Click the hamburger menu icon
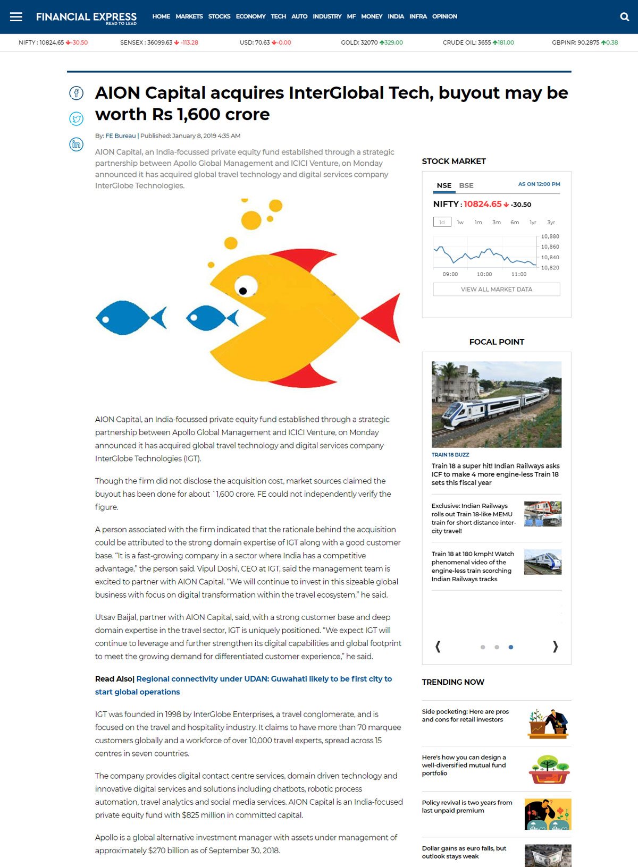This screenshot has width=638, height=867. coord(16,16)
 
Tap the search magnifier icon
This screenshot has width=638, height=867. coord(625,16)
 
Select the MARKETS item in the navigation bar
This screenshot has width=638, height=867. coord(189,16)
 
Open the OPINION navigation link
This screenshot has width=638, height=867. coord(444,16)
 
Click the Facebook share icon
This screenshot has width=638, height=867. coord(77,93)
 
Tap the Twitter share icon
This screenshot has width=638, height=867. coord(77,118)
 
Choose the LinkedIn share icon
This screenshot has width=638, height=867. coord(77,144)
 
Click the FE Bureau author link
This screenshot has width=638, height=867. coord(120,136)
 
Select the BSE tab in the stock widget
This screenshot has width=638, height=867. coord(466,185)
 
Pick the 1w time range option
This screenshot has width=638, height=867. coord(460,223)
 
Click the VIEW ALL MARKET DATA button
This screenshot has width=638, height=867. coord(496,290)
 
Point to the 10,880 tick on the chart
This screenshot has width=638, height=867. coord(550,236)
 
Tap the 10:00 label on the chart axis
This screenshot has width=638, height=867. coord(484,275)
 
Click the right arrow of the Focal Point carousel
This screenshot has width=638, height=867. coord(555,647)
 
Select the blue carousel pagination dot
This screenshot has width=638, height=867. coord(510,647)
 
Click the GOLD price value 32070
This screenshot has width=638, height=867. coord(369,42)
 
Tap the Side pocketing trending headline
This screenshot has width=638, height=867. coord(465,716)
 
